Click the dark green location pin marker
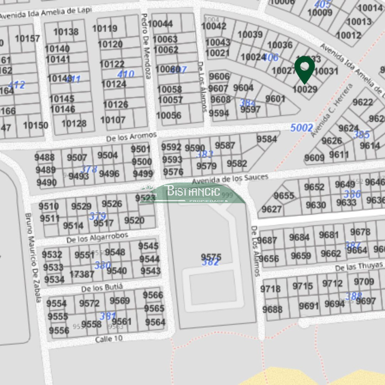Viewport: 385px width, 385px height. (304, 68)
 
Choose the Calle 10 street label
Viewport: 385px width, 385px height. (109, 339)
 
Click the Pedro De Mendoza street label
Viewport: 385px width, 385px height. (145, 46)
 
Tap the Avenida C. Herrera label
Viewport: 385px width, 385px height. (332, 110)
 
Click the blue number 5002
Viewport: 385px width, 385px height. (302, 127)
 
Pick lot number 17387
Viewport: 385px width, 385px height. (82, 274)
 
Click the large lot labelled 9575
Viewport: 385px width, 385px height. (211, 257)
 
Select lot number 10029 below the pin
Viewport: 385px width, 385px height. (305, 89)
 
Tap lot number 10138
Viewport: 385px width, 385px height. (66, 32)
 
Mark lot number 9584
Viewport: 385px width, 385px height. (267, 139)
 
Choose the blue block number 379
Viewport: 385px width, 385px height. (98, 216)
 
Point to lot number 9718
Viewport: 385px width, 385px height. (270, 289)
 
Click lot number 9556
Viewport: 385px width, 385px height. (59, 331)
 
